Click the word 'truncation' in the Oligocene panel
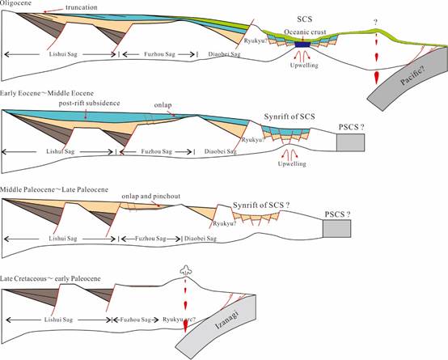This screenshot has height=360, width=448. (x=82, y=7)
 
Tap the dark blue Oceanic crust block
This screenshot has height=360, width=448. (x=302, y=44)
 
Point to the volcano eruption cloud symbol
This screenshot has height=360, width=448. (x=186, y=269)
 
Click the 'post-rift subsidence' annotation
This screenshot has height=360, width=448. (x=89, y=103)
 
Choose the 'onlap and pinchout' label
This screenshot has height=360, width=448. (x=151, y=196)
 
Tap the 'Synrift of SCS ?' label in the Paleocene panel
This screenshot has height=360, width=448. (x=261, y=205)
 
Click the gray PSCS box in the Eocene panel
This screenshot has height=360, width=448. (x=350, y=142)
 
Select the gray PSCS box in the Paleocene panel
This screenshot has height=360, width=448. (x=337, y=228)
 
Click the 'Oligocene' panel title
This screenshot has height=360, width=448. (x=15, y=3)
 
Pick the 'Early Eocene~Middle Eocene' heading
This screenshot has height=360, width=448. (x=47, y=93)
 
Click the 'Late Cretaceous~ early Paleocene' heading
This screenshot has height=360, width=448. (x=50, y=278)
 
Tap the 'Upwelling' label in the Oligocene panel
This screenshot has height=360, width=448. (x=304, y=66)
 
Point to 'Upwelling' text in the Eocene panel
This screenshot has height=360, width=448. (x=292, y=164)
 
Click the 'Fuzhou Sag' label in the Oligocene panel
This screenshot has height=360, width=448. (x=159, y=54)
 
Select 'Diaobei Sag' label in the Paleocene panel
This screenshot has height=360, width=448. (x=201, y=238)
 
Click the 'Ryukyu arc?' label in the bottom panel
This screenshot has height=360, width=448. (x=180, y=320)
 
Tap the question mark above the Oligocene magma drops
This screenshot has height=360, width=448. (x=376, y=23)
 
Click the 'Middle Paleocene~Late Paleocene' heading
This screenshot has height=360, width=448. (x=54, y=189)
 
